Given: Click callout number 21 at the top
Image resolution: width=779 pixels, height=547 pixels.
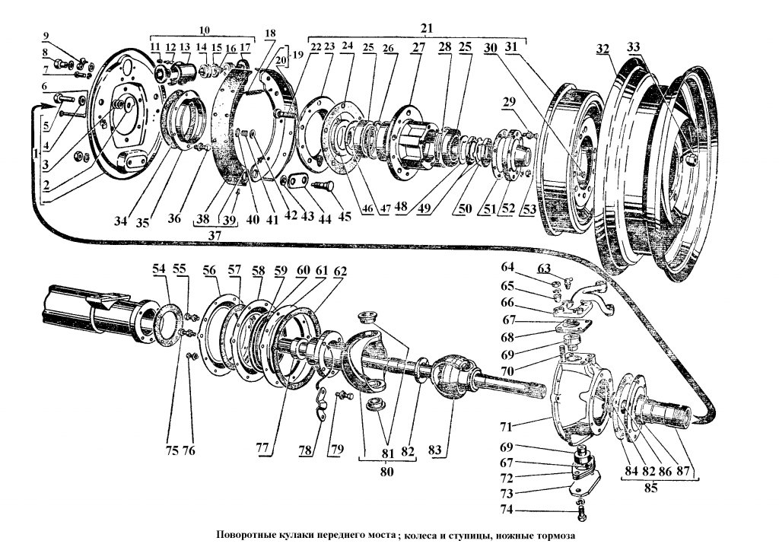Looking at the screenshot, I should [427, 27].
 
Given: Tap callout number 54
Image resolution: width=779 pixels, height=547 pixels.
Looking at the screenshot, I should [157, 269].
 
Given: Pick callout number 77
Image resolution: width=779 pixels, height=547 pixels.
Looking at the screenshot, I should [262, 450].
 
